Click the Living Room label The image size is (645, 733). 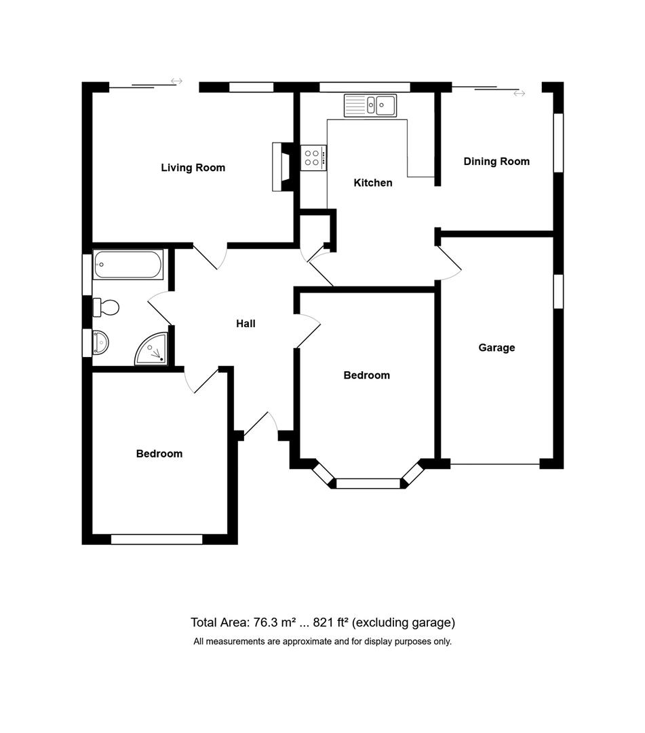pyautogui.click(x=193, y=168)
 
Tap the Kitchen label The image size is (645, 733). pyautogui.click(x=373, y=183)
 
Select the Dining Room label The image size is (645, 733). pyautogui.click(x=496, y=162)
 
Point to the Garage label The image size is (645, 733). pyautogui.click(x=496, y=347)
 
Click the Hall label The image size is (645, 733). pyautogui.click(x=246, y=324)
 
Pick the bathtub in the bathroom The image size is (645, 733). pyautogui.click(x=128, y=265)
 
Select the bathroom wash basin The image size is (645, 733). pyautogui.click(x=100, y=343)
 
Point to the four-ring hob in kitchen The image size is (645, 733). pyautogui.click(x=313, y=158)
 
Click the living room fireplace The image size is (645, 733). pyautogui.click(x=281, y=167)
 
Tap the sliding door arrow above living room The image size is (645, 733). pyautogui.click(x=176, y=81)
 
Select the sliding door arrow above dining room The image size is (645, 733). pyautogui.click(x=519, y=93)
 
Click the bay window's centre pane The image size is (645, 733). pyautogui.click(x=369, y=483)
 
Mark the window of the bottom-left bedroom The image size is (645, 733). pyautogui.click(x=157, y=540)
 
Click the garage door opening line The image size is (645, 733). pyautogui.click(x=495, y=464)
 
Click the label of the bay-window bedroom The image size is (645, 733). pyautogui.click(x=366, y=375)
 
